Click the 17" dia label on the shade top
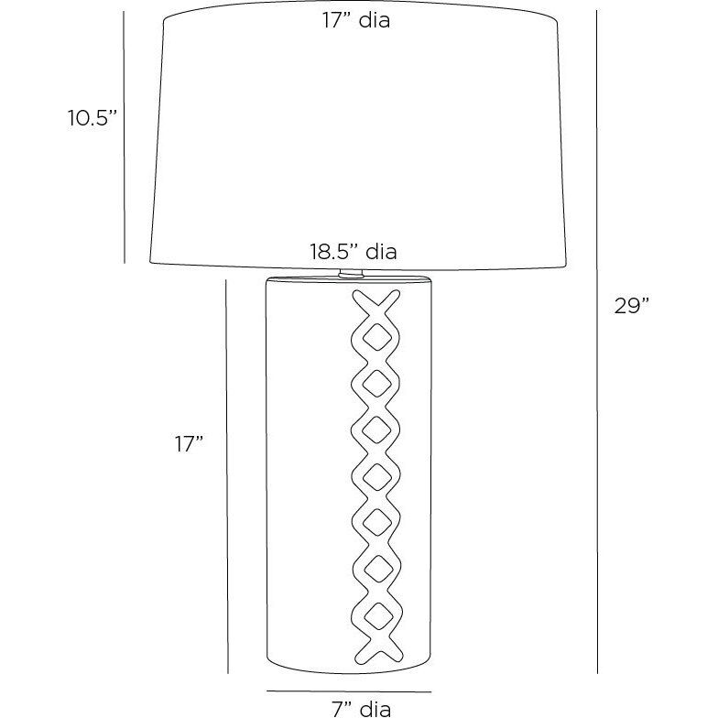point(355,20)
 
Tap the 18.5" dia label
point(354,252)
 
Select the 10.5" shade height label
point(93,118)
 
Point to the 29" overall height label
point(632,306)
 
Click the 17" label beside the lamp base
point(189,443)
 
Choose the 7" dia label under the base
point(361,709)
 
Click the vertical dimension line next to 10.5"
point(125,137)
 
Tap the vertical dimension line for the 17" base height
point(227,476)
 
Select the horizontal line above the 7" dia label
point(349,691)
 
